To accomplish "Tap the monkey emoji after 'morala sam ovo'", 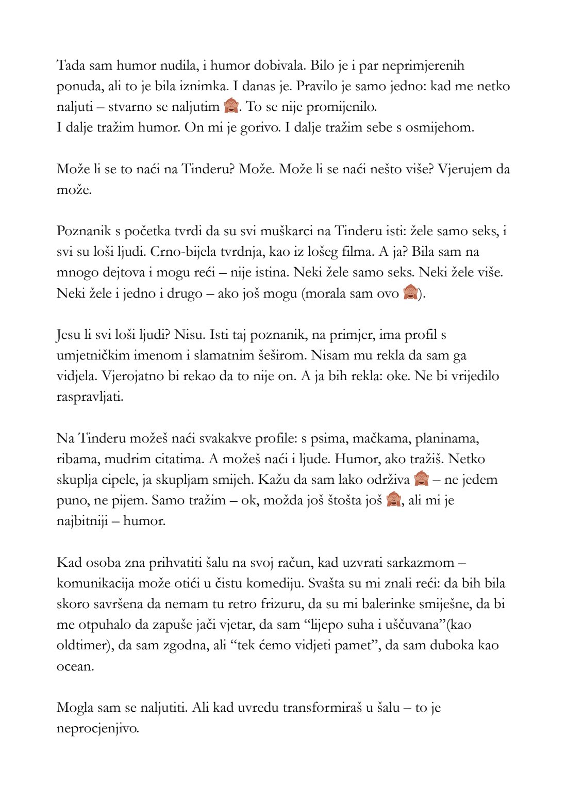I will tap(410, 293).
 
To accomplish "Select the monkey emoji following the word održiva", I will tap(421, 480).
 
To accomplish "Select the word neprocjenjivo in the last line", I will tap(97, 728).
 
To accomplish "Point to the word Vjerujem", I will tap(465, 169).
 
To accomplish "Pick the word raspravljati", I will tap(90, 397).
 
